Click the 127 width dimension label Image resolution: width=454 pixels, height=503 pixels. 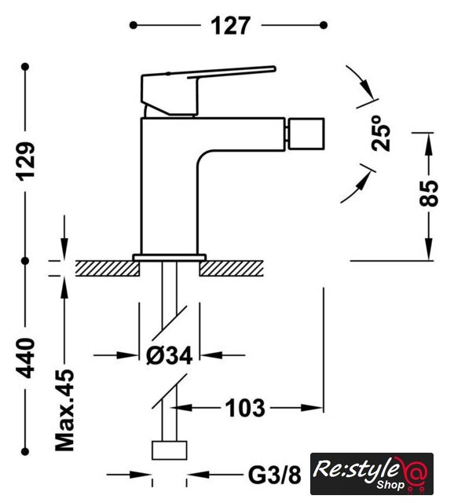click(x=230, y=26)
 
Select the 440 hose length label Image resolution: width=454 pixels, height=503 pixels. click(x=26, y=358)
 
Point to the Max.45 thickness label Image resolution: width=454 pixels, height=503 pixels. click(x=64, y=410)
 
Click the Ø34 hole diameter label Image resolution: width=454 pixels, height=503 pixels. click(x=170, y=355)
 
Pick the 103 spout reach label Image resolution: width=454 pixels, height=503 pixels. click(x=245, y=408)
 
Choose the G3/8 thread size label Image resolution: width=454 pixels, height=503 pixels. click(x=275, y=475)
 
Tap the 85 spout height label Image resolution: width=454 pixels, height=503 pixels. click(x=429, y=193)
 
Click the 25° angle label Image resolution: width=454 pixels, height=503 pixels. click(x=381, y=133)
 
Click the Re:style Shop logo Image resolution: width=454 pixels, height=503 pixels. click(x=372, y=474)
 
